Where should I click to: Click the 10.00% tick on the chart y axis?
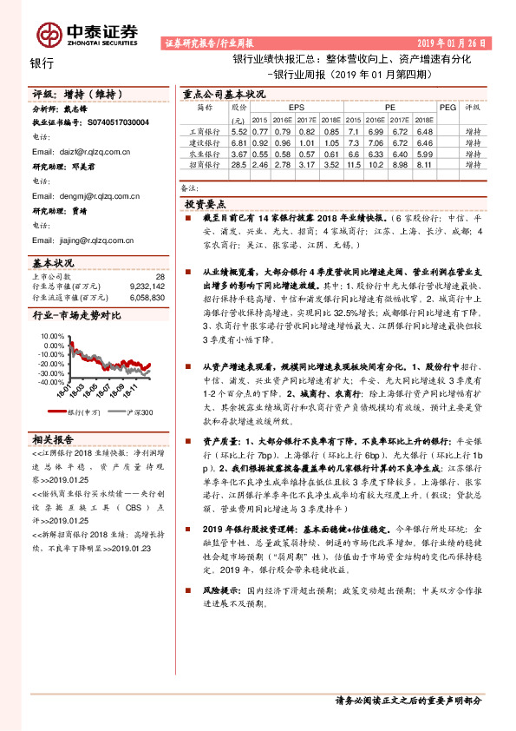coord(52,345)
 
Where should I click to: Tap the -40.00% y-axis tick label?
coord(50,382)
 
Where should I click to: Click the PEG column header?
coord(447,107)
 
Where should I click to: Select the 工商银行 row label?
coord(201,130)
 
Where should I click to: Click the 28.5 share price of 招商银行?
coord(238,164)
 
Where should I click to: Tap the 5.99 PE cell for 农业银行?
coord(424,153)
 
